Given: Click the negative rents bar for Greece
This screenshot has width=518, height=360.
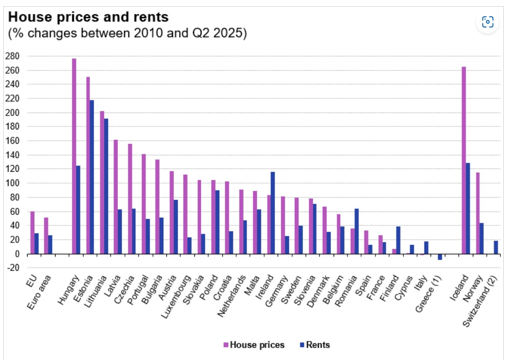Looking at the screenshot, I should click(440, 257).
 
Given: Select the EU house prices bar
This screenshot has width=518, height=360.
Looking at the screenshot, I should click(32, 233).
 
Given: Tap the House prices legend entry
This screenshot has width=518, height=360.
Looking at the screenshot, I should click(254, 345).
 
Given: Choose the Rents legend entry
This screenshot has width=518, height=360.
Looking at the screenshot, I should click(315, 345).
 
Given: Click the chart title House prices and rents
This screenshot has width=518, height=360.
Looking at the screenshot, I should click(88, 18).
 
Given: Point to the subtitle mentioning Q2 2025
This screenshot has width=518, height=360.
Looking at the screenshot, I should click(127, 34).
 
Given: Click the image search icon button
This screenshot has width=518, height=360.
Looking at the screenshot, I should click(488, 21).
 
